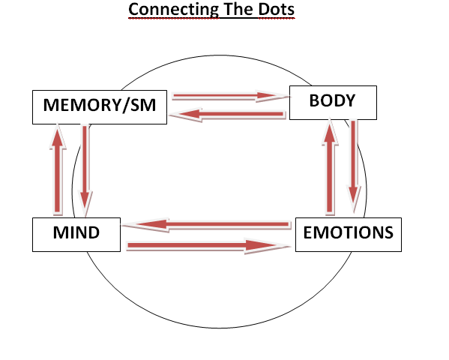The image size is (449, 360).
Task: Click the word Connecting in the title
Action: click(x=174, y=10)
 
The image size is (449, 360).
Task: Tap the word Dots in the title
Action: click(x=277, y=9)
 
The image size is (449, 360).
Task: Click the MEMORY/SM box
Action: click(x=100, y=107)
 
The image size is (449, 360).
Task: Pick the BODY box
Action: click(x=333, y=103)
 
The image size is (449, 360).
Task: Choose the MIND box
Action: click(x=76, y=235)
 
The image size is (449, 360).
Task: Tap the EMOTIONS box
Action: click(x=349, y=235)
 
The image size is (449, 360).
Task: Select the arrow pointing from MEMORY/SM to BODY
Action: click(x=231, y=96)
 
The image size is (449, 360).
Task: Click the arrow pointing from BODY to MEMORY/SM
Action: click(x=228, y=114)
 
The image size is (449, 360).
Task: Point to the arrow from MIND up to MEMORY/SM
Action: click(x=58, y=169)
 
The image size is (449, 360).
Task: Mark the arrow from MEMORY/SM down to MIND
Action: click(x=85, y=170)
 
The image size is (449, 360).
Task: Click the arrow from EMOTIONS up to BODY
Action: click(x=330, y=166)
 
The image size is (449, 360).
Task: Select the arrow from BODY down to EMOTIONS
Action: click(x=353, y=166)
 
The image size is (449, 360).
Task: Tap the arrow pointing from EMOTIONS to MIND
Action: click(x=207, y=224)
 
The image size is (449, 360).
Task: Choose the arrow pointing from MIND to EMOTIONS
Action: click(x=208, y=246)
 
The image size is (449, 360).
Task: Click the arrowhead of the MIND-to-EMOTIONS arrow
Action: click(x=267, y=246)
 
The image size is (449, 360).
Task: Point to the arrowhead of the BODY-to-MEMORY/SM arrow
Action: click(x=186, y=114)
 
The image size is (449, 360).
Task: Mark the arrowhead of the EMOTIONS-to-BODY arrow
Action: click(x=330, y=132)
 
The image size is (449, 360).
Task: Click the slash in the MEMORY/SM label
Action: click(x=126, y=105)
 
